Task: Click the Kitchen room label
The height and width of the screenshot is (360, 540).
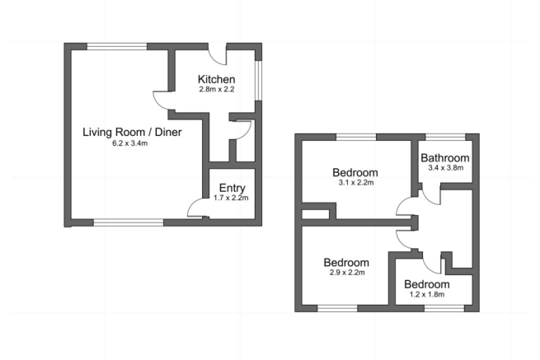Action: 216,79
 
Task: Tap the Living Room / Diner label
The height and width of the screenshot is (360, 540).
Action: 132,131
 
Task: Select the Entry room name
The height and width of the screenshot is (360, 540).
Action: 232,186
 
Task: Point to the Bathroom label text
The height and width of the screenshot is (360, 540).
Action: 445,157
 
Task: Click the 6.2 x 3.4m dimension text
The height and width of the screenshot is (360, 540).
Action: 131,143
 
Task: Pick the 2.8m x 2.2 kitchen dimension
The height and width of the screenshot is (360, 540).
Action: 216,90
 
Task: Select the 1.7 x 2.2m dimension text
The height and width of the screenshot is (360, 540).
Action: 232,197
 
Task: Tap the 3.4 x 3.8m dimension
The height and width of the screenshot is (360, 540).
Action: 445,168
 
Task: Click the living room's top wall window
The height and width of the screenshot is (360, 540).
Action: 119,45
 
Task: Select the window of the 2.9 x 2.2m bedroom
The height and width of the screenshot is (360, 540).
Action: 338,308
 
